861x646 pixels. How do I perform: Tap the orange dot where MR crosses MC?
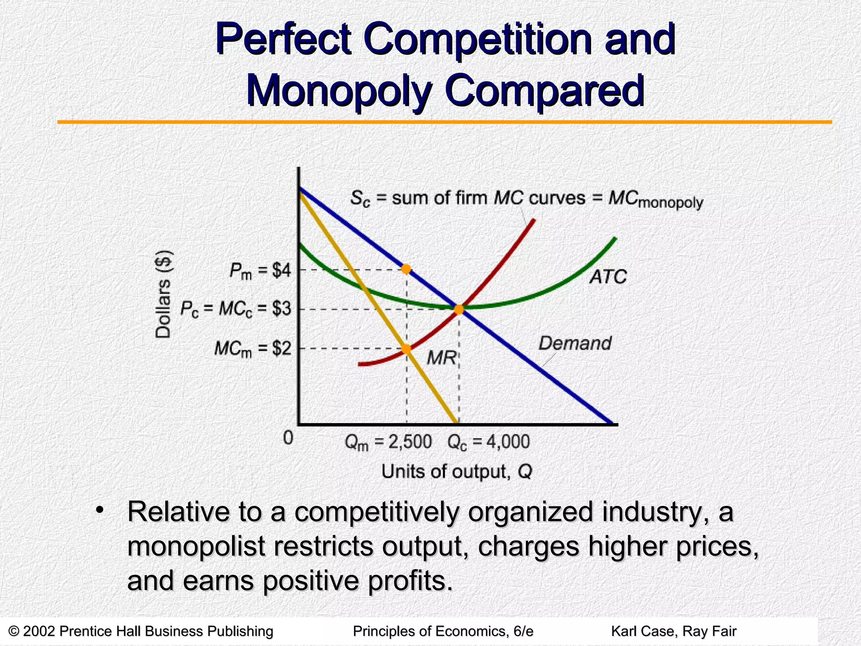pyautogui.click(x=406, y=349)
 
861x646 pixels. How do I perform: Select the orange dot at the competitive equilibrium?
pyautogui.click(x=459, y=310)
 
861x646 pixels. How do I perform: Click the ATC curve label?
pyautogui.click(x=608, y=277)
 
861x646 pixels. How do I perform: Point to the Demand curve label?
pyautogui.click(x=575, y=344)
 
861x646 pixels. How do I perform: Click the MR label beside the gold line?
pyautogui.click(x=441, y=358)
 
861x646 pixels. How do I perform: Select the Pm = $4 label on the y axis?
pyautogui.click(x=260, y=271)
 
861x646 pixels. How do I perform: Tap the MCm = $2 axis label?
pyautogui.click(x=252, y=349)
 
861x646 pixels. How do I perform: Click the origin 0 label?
pyautogui.click(x=288, y=438)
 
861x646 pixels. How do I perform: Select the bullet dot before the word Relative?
pyautogui.click(x=100, y=511)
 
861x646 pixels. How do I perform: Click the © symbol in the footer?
pyautogui.click(x=14, y=631)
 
